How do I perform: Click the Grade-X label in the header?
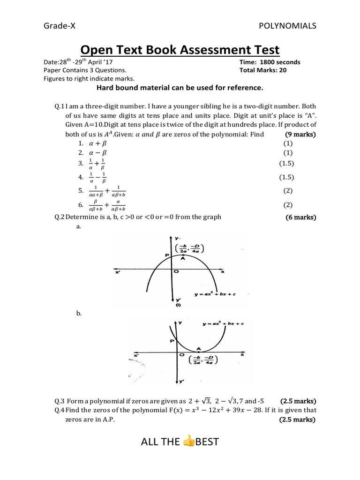(60, 26)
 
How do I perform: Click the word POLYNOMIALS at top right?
(288, 26)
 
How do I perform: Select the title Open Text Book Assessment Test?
(180, 50)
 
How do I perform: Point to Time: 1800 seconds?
(270, 62)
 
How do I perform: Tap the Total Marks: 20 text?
(263, 70)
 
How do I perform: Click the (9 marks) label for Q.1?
(301, 135)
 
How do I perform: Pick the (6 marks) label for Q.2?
(301, 217)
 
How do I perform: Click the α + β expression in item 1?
(98, 143)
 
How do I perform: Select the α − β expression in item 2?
(98, 153)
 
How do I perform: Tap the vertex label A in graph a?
(183, 258)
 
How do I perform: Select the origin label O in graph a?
(176, 271)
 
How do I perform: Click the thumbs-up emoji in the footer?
(189, 441)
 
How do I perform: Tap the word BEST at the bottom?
(207, 442)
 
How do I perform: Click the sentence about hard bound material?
(180, 88)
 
